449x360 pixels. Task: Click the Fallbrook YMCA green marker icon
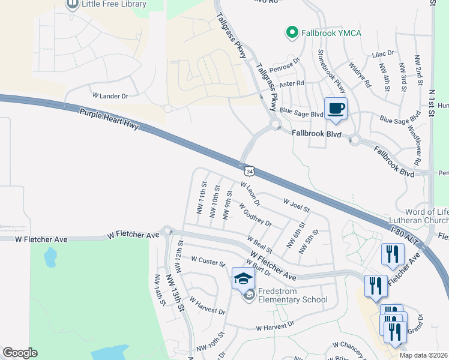tap(292, 32)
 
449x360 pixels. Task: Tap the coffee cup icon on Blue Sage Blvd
tap(336, 109)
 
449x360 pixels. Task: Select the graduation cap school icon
tap(243, 278)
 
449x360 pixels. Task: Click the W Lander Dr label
tap(110, 96)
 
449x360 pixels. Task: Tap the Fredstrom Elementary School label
tap(292, 296)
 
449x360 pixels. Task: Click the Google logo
tap(19, 353)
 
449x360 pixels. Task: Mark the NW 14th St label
tap(159, 290)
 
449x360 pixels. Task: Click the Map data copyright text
tap(423, 355)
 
